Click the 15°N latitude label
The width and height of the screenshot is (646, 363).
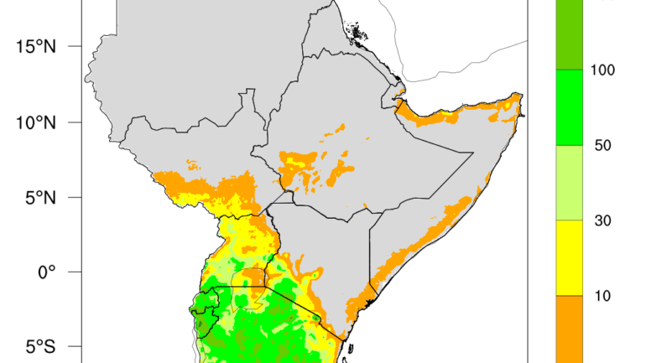click(35, 47)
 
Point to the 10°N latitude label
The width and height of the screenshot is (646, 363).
click(35, 122)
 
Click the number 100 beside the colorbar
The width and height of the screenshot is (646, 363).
click(602, 70)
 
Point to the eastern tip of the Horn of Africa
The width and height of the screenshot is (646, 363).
click(524, 115)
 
